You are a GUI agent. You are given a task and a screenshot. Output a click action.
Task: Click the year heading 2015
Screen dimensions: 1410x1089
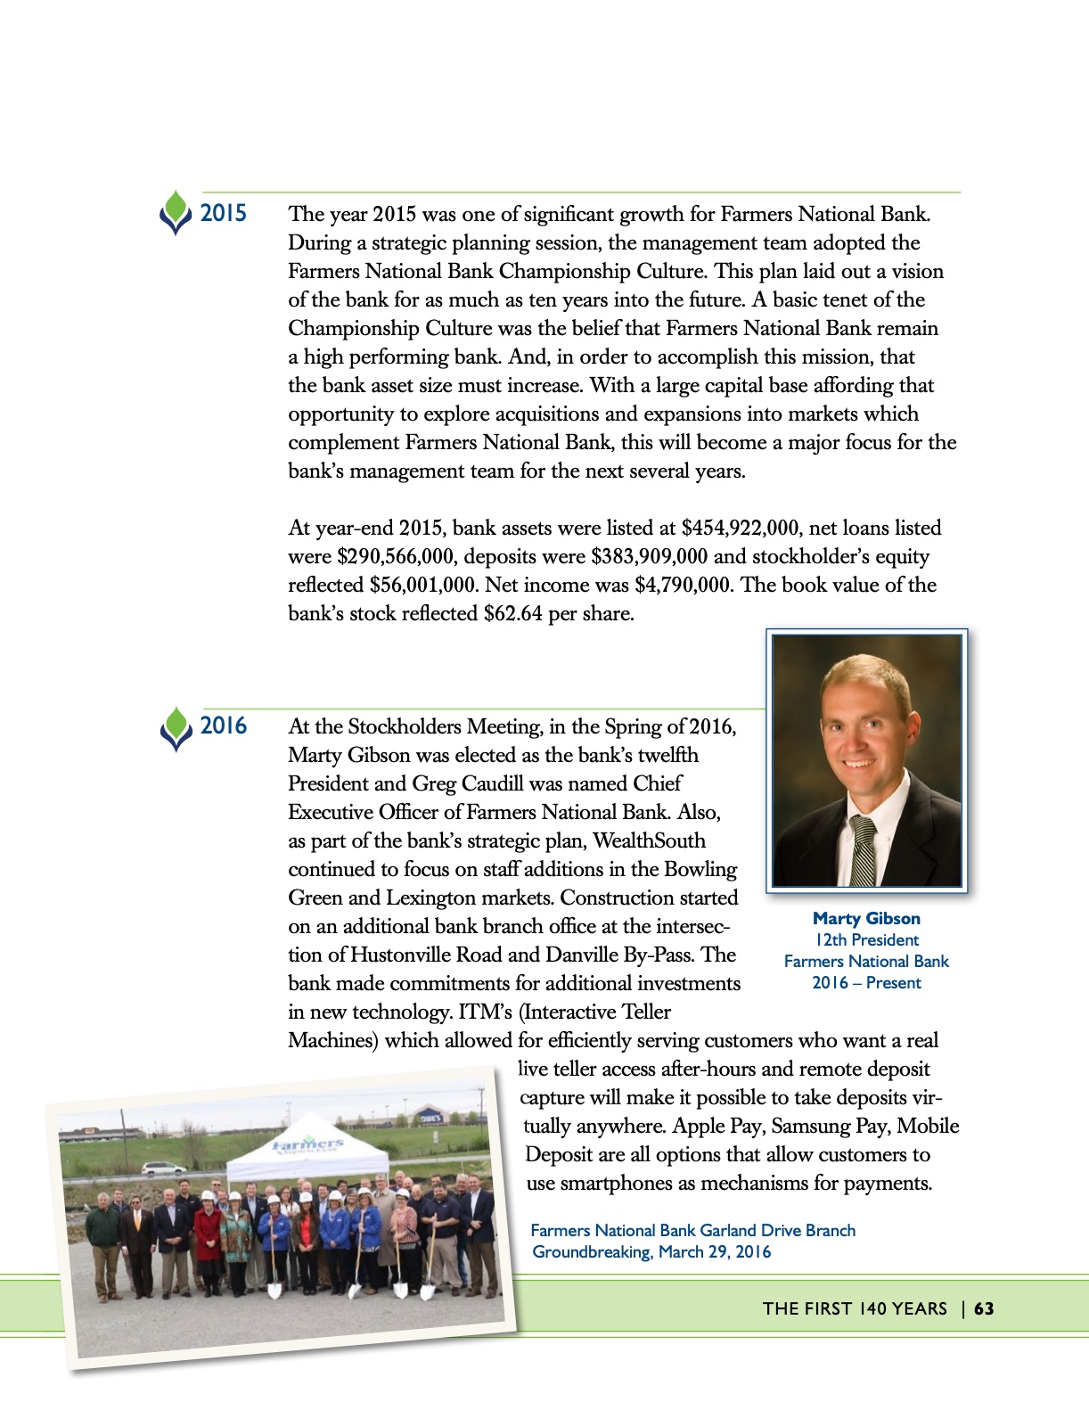223,213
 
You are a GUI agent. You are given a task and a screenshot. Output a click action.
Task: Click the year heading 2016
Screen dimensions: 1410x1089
223,725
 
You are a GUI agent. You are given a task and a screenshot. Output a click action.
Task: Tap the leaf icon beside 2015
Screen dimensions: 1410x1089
176,212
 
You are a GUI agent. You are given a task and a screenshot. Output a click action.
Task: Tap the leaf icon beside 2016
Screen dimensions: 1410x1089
176,727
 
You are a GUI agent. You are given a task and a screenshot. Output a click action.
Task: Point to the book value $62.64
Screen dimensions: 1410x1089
512,613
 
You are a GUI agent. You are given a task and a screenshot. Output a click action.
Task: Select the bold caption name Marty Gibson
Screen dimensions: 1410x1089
866,918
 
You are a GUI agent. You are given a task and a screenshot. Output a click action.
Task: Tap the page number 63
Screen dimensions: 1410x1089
984,1308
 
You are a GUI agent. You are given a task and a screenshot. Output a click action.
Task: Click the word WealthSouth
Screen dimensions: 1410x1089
649,840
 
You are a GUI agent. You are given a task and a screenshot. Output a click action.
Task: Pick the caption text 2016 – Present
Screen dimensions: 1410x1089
866,982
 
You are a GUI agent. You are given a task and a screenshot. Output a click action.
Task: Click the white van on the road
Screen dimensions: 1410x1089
163,1168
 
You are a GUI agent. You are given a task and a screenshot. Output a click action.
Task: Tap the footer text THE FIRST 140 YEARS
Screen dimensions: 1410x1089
855,1308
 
